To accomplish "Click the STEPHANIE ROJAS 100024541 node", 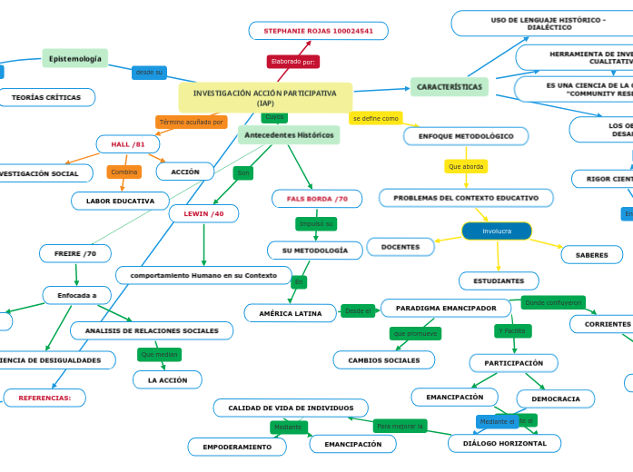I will (318, 31).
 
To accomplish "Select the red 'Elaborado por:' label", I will (292, 62).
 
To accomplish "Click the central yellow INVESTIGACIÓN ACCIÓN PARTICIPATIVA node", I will (265, 98).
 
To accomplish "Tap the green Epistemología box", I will (75, 59).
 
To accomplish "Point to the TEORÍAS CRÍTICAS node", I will (45, 97).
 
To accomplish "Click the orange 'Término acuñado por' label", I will (191, 122).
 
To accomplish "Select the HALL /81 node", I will (127, 144).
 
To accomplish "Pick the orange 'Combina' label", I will (124, 172).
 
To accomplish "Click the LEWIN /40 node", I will (203, 213).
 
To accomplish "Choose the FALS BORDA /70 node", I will (317, 199).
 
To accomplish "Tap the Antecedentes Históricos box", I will (289, 135).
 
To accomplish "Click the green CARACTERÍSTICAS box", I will (449, 87).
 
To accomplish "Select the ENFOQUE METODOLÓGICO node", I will (465, 136).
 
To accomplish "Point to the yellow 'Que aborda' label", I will (466, 166).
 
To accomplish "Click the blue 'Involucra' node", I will (497, 231).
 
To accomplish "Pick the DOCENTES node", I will (401, 247).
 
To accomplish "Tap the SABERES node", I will (591, 255).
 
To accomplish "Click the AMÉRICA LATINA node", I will (291, 313).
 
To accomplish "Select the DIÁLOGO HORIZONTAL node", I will (504, 443).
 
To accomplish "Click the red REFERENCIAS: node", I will (45, 398).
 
